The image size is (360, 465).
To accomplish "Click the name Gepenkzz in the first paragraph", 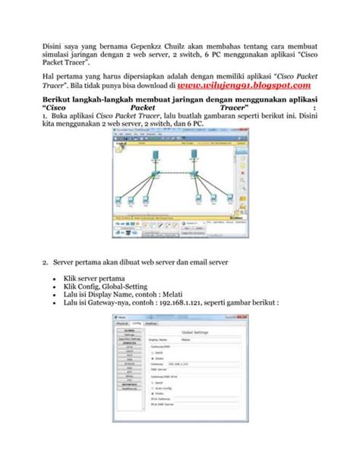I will (x=118, y=44).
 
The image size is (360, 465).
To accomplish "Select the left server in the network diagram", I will (x=154, y=156).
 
